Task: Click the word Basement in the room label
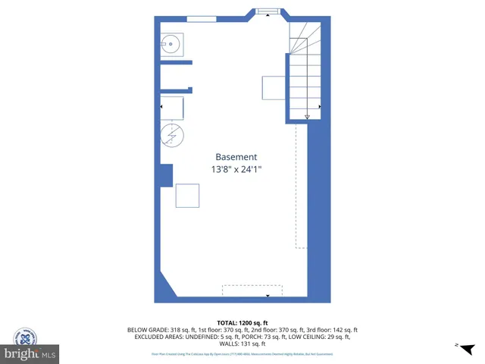coord(236,157)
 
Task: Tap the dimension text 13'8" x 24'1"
coord(242,170)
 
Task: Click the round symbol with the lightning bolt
coord(172,135)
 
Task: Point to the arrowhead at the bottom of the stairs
coord(308,117)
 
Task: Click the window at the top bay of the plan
coord(267,11)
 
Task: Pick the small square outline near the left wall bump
coord(187,196)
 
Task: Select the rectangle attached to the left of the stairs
coord(274,88)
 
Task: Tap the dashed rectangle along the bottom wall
coord(252,290)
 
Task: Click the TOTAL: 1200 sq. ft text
coord(242,323)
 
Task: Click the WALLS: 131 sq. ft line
coord(242,344)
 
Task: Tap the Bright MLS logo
coord(30,354)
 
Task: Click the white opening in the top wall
coord(202,18)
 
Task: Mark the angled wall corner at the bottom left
coord(168,286)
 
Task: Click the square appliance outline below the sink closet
coord(172,108)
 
